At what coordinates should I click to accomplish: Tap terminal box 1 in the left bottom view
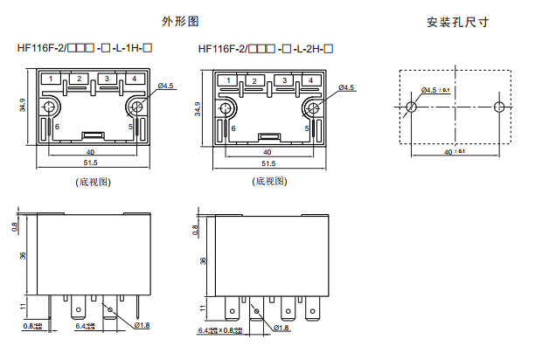point(52,80)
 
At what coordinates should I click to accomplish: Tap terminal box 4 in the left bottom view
point(134,80)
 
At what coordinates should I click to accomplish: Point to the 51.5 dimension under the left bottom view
point(91,163)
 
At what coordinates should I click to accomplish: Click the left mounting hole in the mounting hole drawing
point(411,107)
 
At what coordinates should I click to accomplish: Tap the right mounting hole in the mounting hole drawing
point(498,107)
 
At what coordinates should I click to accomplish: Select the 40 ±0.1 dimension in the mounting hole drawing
point(455,152)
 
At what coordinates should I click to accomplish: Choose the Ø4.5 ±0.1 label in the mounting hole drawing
point(435,89)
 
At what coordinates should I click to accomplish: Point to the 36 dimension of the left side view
point(23,256)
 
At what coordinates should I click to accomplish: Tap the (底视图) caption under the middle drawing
point(269,182)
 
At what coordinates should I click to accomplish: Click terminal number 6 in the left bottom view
point(58,127)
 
